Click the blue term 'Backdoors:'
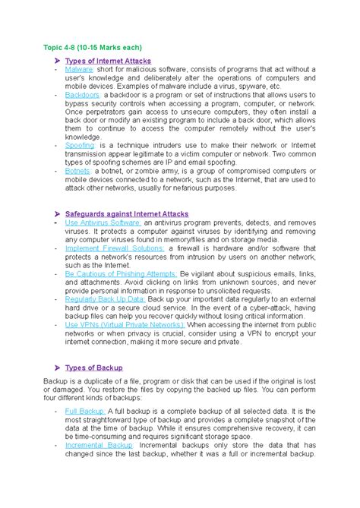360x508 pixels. [x=84, y=96]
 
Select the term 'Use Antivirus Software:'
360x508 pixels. [x=103, y=223]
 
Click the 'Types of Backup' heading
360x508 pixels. [x=94, y=368]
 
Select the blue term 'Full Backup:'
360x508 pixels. [x=85, y=411]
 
